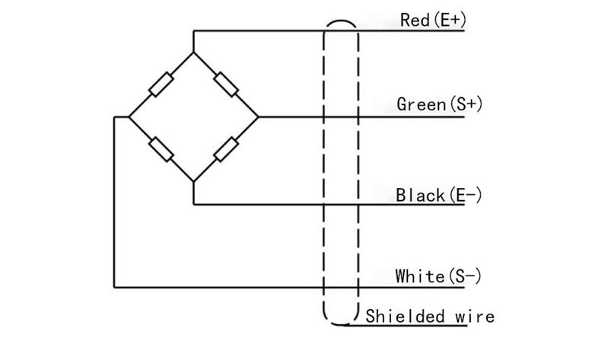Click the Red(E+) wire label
click(x=433, y=20)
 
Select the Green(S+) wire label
click(x=439, y=104)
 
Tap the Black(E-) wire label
click(x=438, y=196)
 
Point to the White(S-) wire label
click(x=438, y=276)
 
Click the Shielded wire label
click(x=430, y=317)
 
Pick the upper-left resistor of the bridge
click(x=161, y=84)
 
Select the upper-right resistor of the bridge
click(x=226, y=84)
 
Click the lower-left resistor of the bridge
click(x=161, y=149)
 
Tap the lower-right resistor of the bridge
click(x=226, y=149)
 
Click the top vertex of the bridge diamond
click(x=193, y=53)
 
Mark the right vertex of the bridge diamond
click(x=258, y=116)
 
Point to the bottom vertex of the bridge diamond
click(x=193, y=181)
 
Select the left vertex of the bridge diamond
click(x=129, y=116)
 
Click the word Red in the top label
click(x=415, y=21)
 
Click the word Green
click(x=421, y=104)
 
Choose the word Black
click(x=420, y=196)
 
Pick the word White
click(x=420, y=276)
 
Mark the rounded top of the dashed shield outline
click(x=341, y=21)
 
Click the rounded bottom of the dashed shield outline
click(x=341, y=324)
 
